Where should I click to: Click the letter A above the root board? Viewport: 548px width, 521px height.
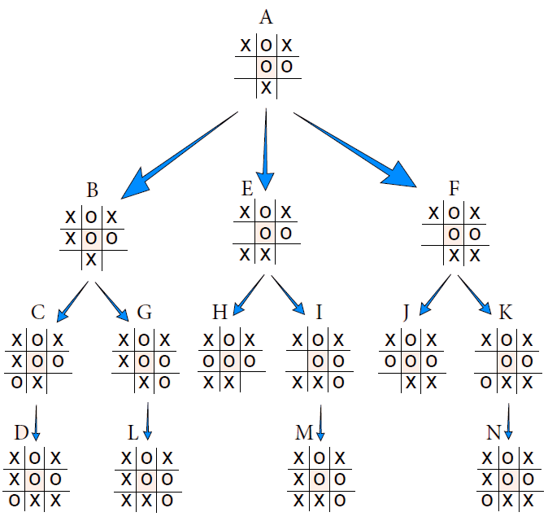coord(266,17)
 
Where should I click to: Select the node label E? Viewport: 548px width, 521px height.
coord(247,189)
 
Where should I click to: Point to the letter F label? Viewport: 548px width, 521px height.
coord(454,189)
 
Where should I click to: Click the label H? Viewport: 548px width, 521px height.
coord(220,313)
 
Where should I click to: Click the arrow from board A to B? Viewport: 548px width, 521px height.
coord(179,155)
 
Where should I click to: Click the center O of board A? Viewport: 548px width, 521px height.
coord(266,67)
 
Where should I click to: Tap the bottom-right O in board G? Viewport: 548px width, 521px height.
coord(165,383)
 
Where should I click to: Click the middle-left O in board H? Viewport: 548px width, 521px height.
coord(210,361)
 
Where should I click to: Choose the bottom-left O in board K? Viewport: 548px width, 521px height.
coord(485,383)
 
